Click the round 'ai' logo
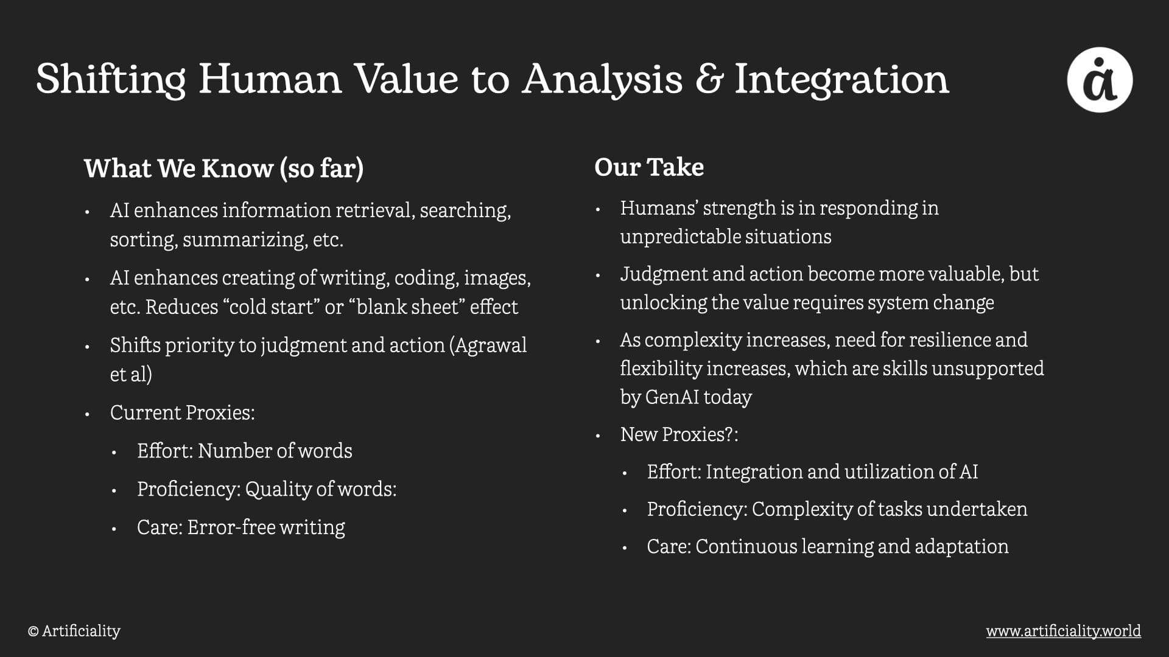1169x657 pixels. coord(1100,80)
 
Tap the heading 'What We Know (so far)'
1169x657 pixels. coord(223,169)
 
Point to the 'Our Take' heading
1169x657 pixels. coord(649,167)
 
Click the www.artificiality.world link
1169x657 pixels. coord(1064,631)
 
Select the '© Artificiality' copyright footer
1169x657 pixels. coord(74,631)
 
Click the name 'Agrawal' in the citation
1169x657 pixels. coord(491,345)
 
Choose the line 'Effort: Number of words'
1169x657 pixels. coord(245,451)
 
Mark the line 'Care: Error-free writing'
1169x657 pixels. coord(241,527)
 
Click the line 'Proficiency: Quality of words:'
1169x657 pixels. coord(267,489)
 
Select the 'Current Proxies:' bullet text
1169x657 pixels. coord(183,412)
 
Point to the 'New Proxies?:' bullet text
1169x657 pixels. coord(679,434)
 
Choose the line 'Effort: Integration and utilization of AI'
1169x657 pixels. coord(813,471)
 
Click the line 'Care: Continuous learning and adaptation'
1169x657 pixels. coord(828,546)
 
